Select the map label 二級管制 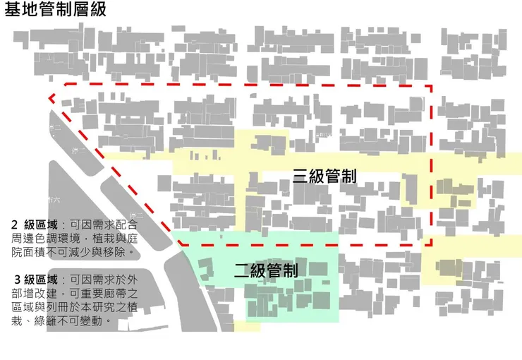coord(266,270)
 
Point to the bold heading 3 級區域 coord(37,280)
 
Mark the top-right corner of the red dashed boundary coord(431,88)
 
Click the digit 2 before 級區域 coord(15,225)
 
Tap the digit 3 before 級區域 coord(17,280)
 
